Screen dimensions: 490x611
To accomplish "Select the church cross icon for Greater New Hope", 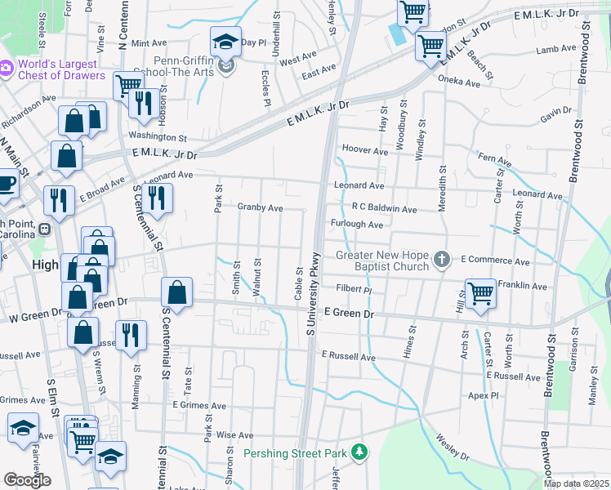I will (x=442, y=261).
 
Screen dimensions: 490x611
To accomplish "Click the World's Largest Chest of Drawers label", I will (x=60, y=70).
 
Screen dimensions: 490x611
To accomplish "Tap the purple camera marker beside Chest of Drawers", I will (x=5, y=65).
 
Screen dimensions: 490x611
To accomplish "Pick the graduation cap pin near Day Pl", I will (x=225, y=42).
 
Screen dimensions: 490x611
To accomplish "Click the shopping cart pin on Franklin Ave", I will (x=480, y=292).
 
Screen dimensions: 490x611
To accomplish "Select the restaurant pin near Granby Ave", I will (x=156, y=197).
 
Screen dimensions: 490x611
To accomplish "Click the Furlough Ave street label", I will (x=357, y=225).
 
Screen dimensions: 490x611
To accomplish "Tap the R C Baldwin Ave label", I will (x=384, y=209).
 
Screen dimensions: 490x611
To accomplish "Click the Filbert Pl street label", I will (x=354, y=289).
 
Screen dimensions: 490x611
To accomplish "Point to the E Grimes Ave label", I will (x=199, y=405).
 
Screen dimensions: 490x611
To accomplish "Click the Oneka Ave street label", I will (x=460, y=82).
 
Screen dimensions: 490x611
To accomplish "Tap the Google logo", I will (x=28, y=480).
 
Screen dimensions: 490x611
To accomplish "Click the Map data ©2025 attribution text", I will (x=576, y=483).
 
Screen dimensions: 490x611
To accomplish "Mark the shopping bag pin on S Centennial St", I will (x=176, y=292).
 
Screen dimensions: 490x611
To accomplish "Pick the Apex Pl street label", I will (x=484, y=395).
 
